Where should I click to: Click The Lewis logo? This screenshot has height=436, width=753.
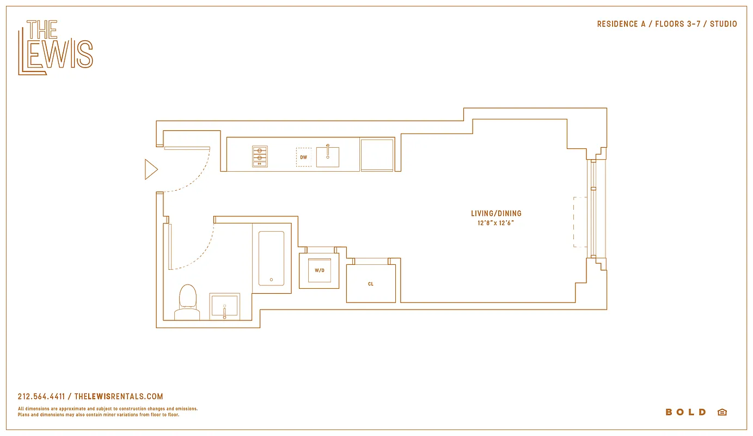(x=56, y=47)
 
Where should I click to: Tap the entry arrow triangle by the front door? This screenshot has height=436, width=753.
(x=150, y=169)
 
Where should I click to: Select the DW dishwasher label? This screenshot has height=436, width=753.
(x=304, y=158)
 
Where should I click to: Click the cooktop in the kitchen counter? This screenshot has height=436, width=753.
(x=260, y=156)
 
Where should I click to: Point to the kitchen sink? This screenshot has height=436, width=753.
(x=328, y=156)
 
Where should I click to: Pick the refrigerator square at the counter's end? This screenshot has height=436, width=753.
(x=377, y=155)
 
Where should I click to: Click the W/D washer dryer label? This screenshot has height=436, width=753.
(x=319, y=270)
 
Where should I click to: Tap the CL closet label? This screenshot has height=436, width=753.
(x=371, y=284)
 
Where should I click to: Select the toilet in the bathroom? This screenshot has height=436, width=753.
(x=187, y=302)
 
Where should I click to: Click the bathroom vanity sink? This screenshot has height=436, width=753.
(x=224, y=306)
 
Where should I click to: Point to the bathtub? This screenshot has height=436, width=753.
(x=271, y=258)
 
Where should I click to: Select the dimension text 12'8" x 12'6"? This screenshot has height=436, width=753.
(x=492, y=223)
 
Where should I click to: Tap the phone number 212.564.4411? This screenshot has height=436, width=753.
(x=41, y=397)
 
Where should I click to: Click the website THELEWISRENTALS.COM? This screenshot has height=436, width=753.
(x=118, y=397)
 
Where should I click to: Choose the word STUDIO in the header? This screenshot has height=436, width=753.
(x=723, y=24)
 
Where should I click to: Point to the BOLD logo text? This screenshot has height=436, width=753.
(x=685, y=412)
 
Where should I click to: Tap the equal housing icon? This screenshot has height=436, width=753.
(x=722, y=412)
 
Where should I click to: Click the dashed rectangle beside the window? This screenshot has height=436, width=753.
(x=579, y=222)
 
